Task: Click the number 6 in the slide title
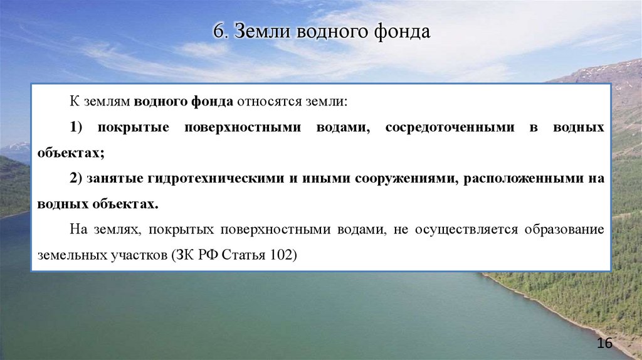[217, 32]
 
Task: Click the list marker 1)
[76, 127]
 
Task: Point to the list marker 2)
[76, 179]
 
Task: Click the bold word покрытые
[133, 127]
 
